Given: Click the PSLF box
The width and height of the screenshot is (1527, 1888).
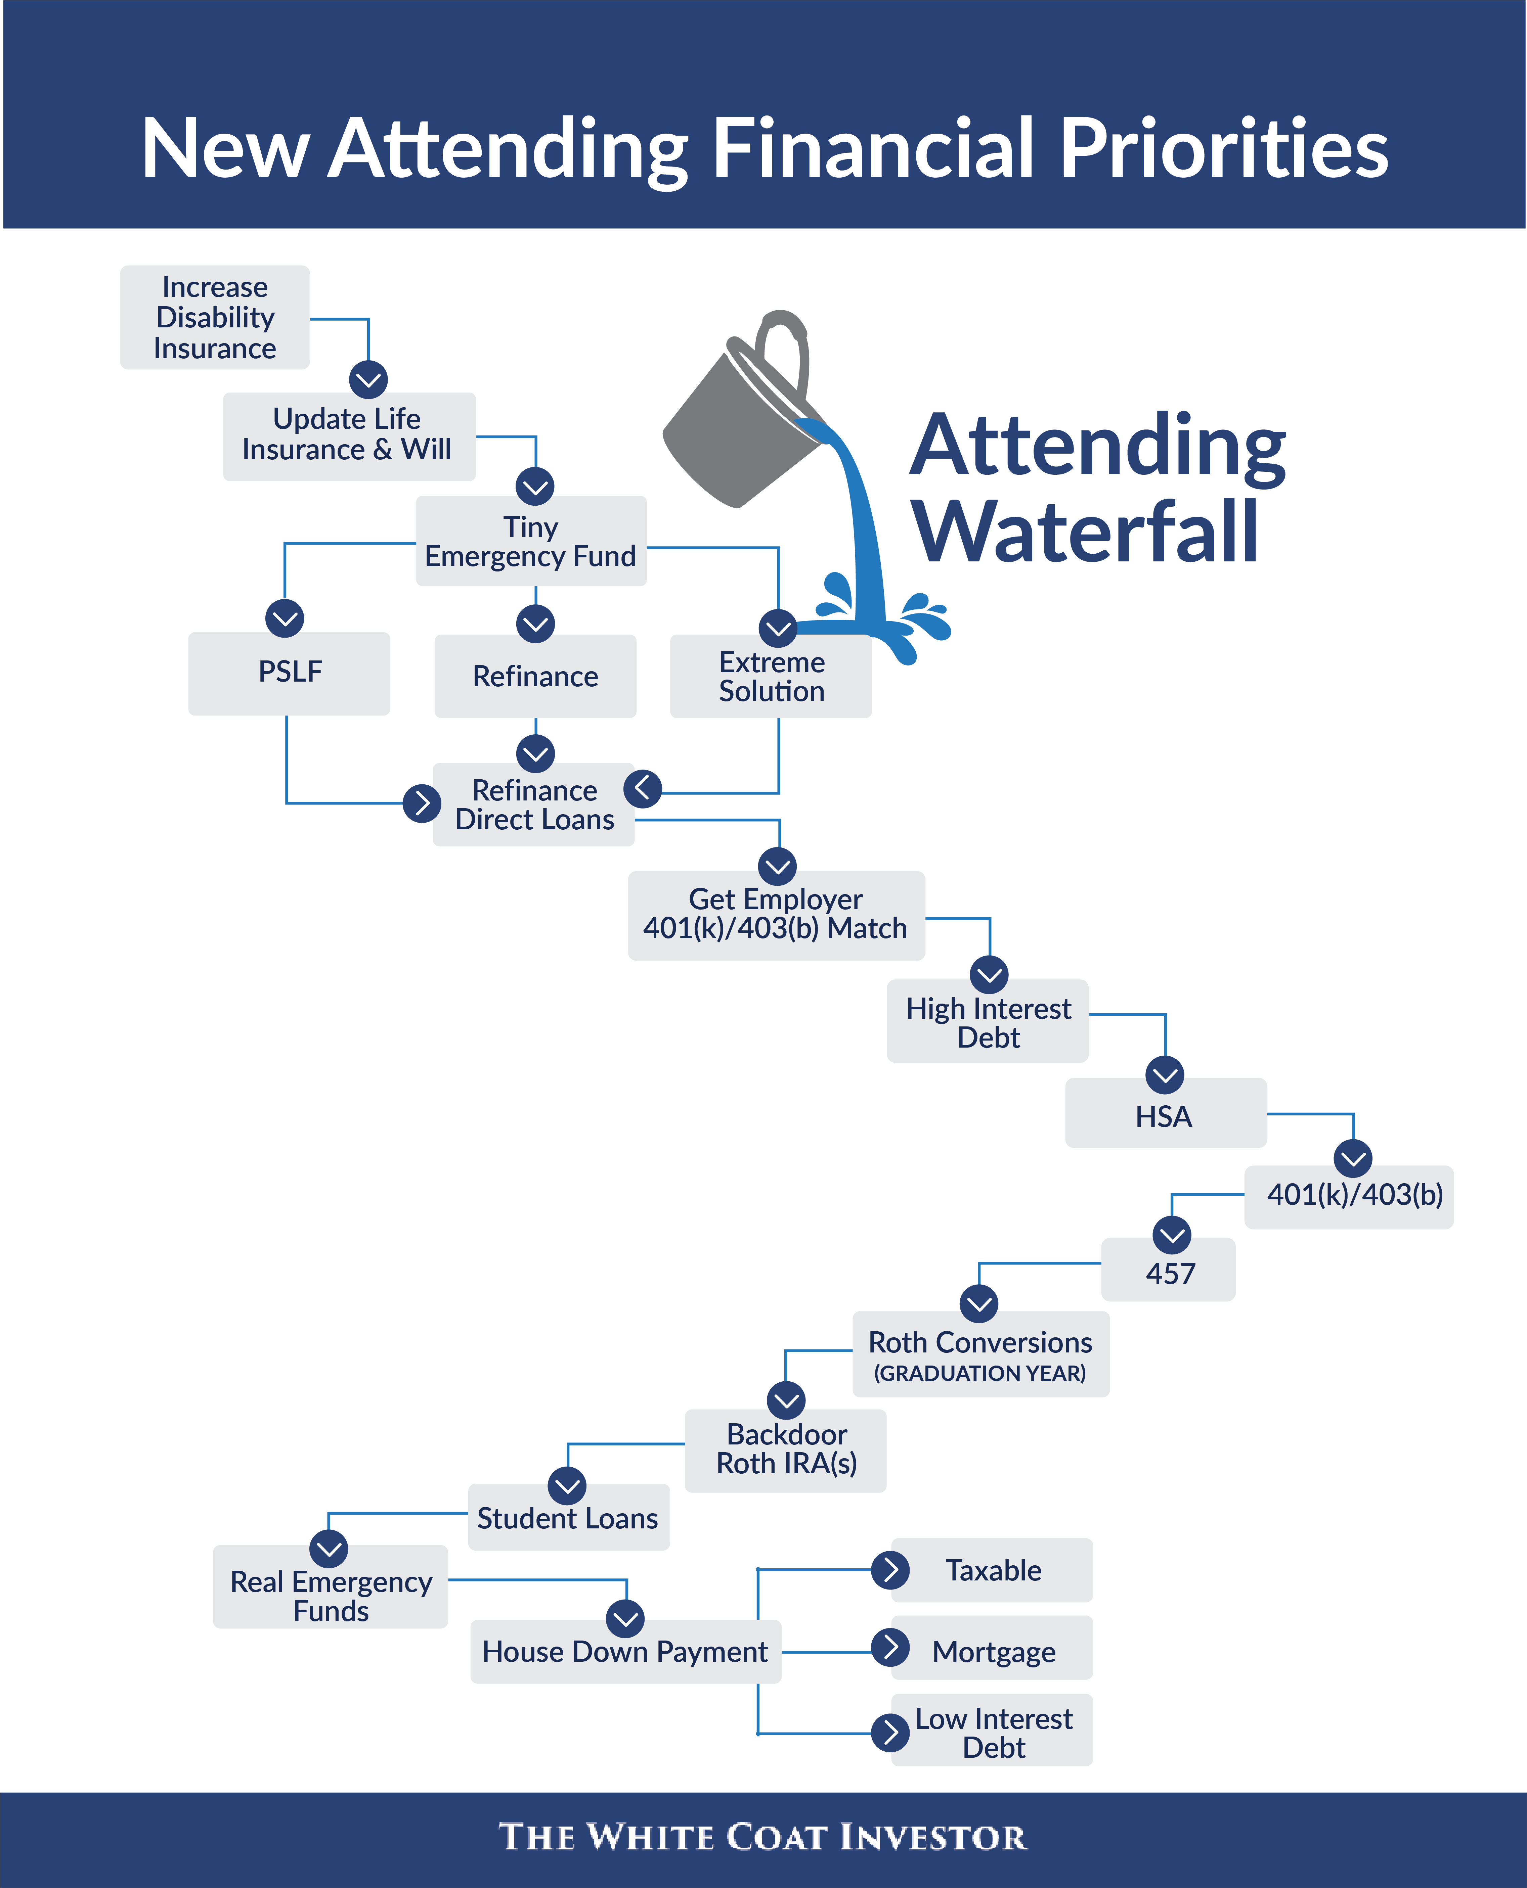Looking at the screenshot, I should (290, 673).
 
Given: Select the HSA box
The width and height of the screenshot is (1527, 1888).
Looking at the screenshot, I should (1165, 1115).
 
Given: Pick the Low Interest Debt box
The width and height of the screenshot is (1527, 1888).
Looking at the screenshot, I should (993, 1732).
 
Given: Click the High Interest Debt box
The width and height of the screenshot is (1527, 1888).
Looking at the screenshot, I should (988, 1022).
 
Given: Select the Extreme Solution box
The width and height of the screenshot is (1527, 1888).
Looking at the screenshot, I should (772, 677).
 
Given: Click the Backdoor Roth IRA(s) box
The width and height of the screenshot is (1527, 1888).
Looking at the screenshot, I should (786, 1449).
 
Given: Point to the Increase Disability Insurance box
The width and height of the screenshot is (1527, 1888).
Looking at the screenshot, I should (215, 317).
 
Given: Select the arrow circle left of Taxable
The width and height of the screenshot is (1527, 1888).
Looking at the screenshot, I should (890, 1570).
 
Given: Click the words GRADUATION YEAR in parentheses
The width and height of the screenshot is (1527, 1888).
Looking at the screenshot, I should (980, 1373).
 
